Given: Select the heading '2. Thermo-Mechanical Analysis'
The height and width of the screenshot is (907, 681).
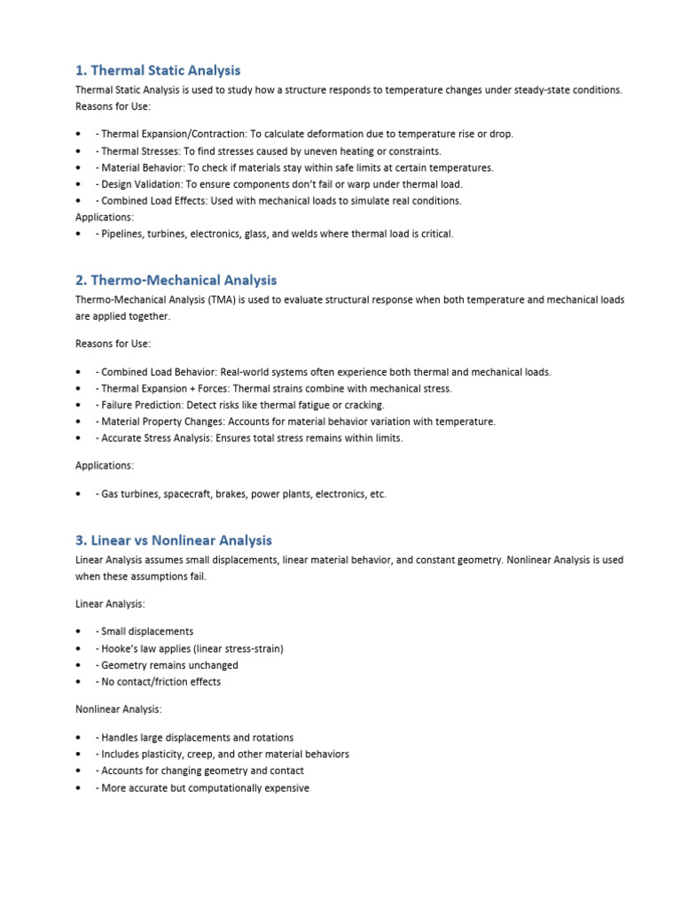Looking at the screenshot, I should (x=176, y=280).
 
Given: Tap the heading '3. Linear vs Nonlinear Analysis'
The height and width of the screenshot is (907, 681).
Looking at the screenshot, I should (x=174, y=539).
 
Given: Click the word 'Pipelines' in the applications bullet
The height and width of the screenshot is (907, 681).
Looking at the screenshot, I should (x=122, y=234).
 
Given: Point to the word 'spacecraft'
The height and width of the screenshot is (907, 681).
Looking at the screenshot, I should (x=192, y=494).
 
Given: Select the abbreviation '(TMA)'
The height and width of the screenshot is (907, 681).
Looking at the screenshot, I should (x=223, y=300).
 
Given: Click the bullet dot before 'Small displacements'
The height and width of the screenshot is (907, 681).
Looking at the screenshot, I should (x=80, y=632).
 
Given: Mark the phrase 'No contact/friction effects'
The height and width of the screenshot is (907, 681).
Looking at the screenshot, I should (x=160, y=682).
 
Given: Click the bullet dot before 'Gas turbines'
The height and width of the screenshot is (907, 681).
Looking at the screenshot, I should (x=80, y=494).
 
